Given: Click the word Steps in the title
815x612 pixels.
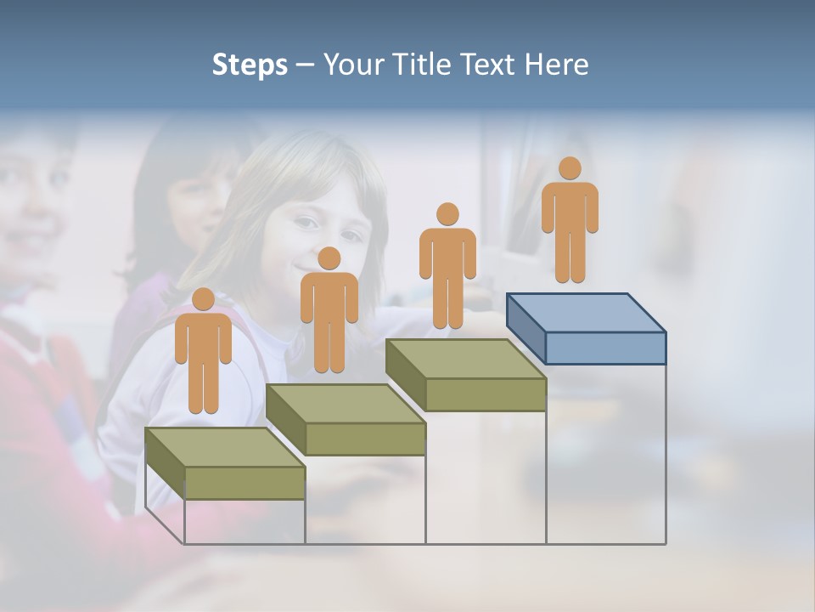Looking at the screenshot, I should (x=250, y=65).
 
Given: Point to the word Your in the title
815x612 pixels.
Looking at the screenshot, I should (x=357, y=65).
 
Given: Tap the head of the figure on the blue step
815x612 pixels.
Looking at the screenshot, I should (x=570, y=168).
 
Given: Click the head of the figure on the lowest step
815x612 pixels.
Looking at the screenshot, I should (x=203, y=299).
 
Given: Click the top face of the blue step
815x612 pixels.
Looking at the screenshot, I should (x=586, y=313).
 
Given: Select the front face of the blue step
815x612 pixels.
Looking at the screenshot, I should (x=605, y=348).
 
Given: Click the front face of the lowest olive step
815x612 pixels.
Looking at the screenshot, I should (x=244, y=483).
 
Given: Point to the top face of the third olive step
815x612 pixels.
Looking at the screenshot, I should (x=465, y=359).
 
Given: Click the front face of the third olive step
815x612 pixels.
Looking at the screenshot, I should (x=485, y=394).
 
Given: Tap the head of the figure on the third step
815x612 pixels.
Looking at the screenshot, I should (x=447, y=214).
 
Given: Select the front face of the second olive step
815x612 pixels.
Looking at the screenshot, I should (x=365, y=439).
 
